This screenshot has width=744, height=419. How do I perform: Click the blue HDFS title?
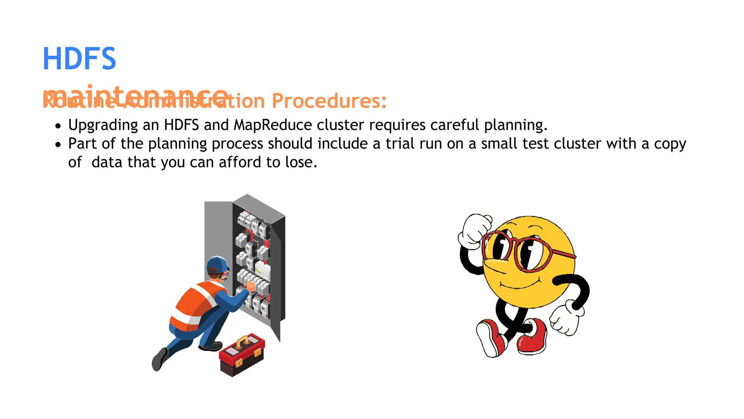click(79, 59)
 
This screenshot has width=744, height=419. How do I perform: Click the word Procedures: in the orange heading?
click(329, 101)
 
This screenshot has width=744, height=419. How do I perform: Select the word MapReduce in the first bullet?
click(272, 125)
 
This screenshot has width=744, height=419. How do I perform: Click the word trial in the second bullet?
click(400, 144)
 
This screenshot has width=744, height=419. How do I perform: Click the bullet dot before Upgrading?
click(58, 126)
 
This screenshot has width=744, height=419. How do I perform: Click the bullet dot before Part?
click(58, 145)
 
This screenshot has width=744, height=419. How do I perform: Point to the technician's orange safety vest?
click(194, 304)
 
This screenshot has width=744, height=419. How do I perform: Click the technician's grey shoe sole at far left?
click(158, 360)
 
